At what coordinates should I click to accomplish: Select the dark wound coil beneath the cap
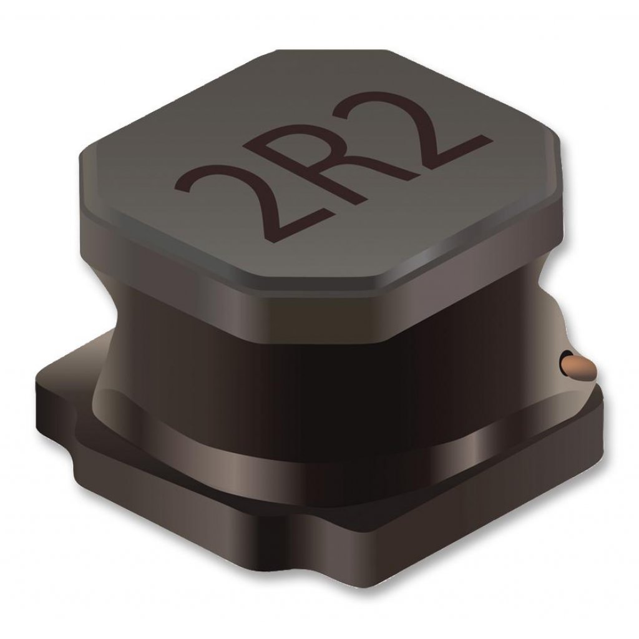(324, 349)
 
